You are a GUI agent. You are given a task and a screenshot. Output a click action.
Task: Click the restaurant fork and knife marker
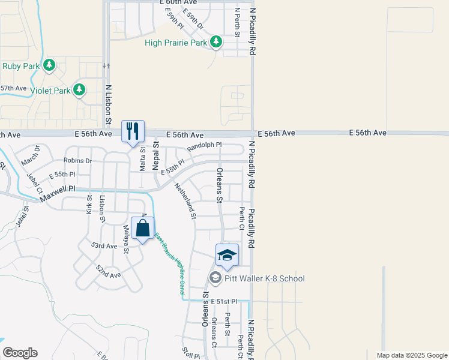click(132, 131)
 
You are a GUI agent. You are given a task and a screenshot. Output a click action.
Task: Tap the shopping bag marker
click(143, 229)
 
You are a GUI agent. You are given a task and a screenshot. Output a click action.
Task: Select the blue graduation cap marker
click(227, 255)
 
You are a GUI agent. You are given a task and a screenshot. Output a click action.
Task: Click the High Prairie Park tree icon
click(216, 42)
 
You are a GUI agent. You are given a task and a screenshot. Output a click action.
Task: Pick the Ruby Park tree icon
click(50, 65)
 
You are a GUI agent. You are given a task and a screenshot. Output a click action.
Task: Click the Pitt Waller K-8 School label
click(265, 278)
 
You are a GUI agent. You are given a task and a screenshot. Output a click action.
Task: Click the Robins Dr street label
click(78, 161)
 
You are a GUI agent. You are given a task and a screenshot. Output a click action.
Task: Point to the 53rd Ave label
click(104, 246)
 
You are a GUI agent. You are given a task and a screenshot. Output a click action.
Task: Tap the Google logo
click(20, 353)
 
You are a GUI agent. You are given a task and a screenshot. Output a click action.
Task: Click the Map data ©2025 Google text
click(412, 355)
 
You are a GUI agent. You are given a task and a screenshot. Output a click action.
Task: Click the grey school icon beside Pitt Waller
click(214, 277)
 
